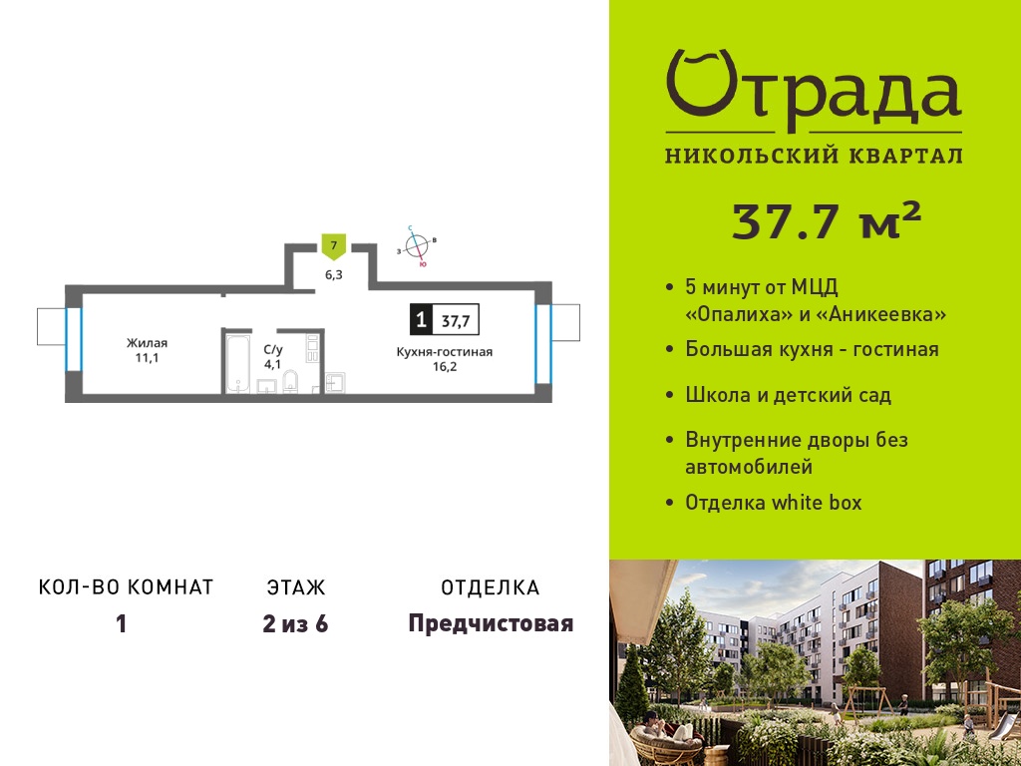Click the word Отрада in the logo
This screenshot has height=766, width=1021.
click(814, 90)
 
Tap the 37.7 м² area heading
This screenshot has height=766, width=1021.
click(827, 221)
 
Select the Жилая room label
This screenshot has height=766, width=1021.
click(148, 343)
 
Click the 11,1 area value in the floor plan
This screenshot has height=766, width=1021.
click(148, 358)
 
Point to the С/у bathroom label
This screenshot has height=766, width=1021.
click(273, 350)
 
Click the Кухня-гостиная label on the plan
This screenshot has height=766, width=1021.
click(445, 352)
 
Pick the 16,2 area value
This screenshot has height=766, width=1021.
click(445, 366)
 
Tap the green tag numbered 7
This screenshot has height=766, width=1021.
click(334, 247)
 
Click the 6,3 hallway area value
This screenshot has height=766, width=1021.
click(334, 274)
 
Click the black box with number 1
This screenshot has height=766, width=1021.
click(422, 320)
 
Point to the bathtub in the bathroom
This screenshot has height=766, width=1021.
click(237, 363)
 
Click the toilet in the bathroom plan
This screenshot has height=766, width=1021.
click(290, 382)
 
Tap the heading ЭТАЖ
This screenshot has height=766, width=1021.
click(295, 587)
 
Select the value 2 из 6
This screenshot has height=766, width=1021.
click(295, 624)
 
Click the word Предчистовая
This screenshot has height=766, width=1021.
click(491, 624)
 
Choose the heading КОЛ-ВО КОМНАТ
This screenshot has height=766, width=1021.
click(127, 587)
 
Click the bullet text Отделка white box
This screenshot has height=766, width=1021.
click(774, 503)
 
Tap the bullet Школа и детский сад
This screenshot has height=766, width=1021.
click(788, 395)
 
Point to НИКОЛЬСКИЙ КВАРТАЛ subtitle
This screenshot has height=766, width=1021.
click(814, 157)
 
